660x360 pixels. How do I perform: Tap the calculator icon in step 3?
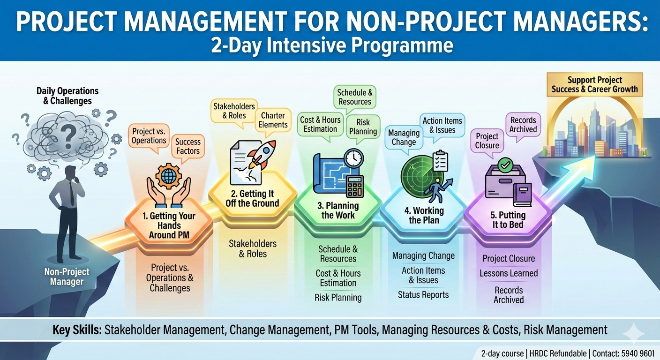point(356,187)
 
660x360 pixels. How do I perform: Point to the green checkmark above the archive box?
point(505,165)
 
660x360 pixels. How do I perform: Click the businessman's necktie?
point(72,193)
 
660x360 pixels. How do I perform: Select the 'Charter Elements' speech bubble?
point(274,120)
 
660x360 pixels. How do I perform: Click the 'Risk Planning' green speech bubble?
point(363,127)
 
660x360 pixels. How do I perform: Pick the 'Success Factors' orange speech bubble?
point(188,146)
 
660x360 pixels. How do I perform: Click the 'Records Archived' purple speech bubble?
point(523,125)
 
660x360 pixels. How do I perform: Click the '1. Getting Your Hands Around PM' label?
point(169,225)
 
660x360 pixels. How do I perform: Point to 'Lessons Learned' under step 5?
point(509,273)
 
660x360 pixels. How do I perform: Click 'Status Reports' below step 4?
point(423,295)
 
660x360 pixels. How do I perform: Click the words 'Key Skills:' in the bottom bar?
point(77,330)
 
